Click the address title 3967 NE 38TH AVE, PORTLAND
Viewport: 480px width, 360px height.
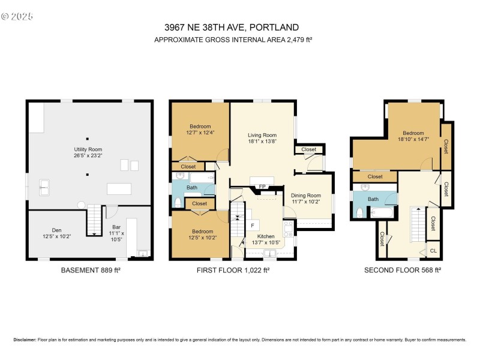tap(232, 27)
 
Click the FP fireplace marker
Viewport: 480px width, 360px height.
tap(262, 187)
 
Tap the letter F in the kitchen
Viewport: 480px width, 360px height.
tap(253, 226)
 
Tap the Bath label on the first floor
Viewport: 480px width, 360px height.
tap(191, 188)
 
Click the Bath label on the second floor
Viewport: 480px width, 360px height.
tap(373, 199)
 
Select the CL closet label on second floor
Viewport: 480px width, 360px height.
tap(433, 250)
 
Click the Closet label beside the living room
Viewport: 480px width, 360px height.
tap(308, 149)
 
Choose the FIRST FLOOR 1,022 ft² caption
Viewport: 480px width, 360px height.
tap(233, 271)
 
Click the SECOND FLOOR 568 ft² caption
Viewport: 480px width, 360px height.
tap(403, 271)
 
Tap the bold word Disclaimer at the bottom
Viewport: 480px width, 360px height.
tap(25, 340)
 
